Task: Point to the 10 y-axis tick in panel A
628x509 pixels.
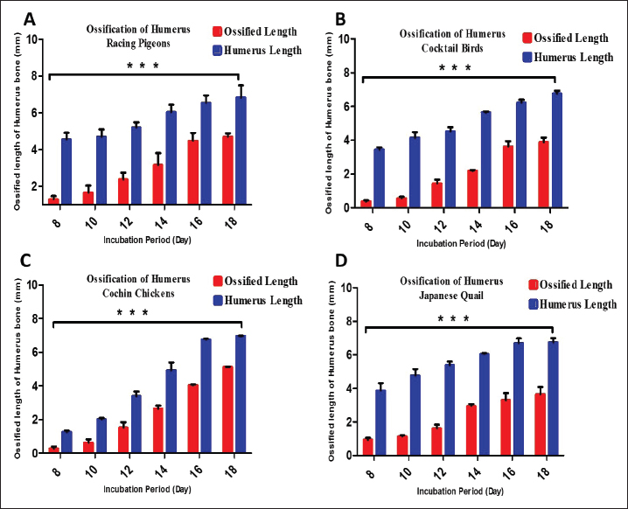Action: [31, 38]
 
